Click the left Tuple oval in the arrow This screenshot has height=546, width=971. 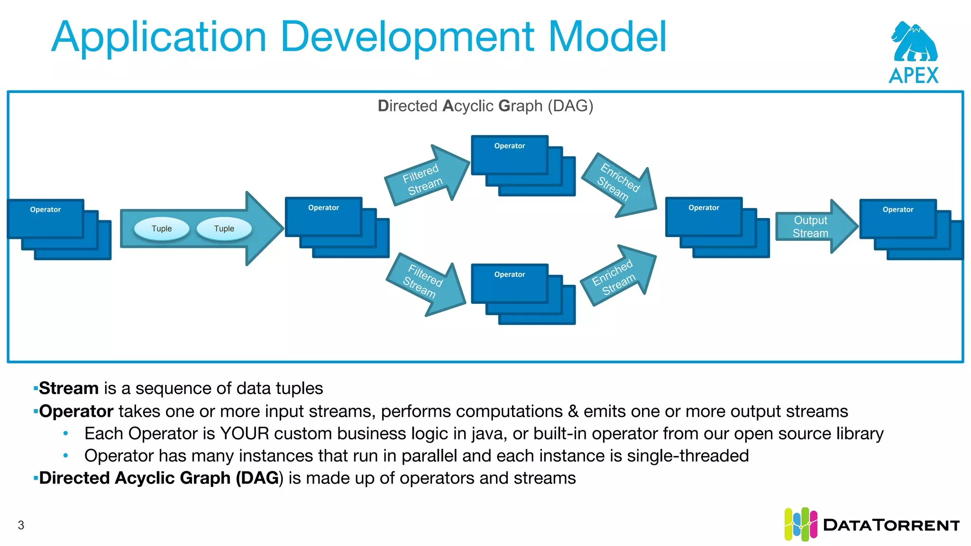162,228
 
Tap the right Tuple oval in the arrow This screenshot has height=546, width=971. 224,228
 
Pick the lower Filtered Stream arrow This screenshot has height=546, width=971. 423,282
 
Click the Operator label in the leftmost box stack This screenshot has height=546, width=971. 46,209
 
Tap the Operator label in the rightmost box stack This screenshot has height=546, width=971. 898,209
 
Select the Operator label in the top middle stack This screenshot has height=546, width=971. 509,146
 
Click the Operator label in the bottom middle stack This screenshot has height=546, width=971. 509,274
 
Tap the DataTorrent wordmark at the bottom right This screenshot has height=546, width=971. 891,525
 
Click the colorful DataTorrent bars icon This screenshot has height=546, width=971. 800,524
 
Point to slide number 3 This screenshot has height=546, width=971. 21,525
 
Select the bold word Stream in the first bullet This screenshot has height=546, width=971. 68,388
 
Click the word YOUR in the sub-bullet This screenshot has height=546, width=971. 244,434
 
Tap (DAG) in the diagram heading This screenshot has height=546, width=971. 570,106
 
